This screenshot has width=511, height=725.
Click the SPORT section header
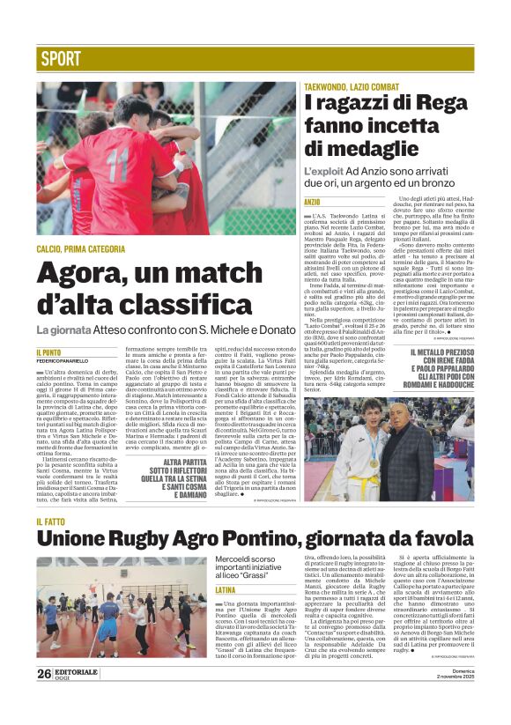(x=61, y=59)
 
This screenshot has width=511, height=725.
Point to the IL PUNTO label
(x=48, y=352)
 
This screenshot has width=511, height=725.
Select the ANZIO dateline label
(x=312, y=203)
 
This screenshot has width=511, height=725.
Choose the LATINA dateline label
(x=226, y=589)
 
